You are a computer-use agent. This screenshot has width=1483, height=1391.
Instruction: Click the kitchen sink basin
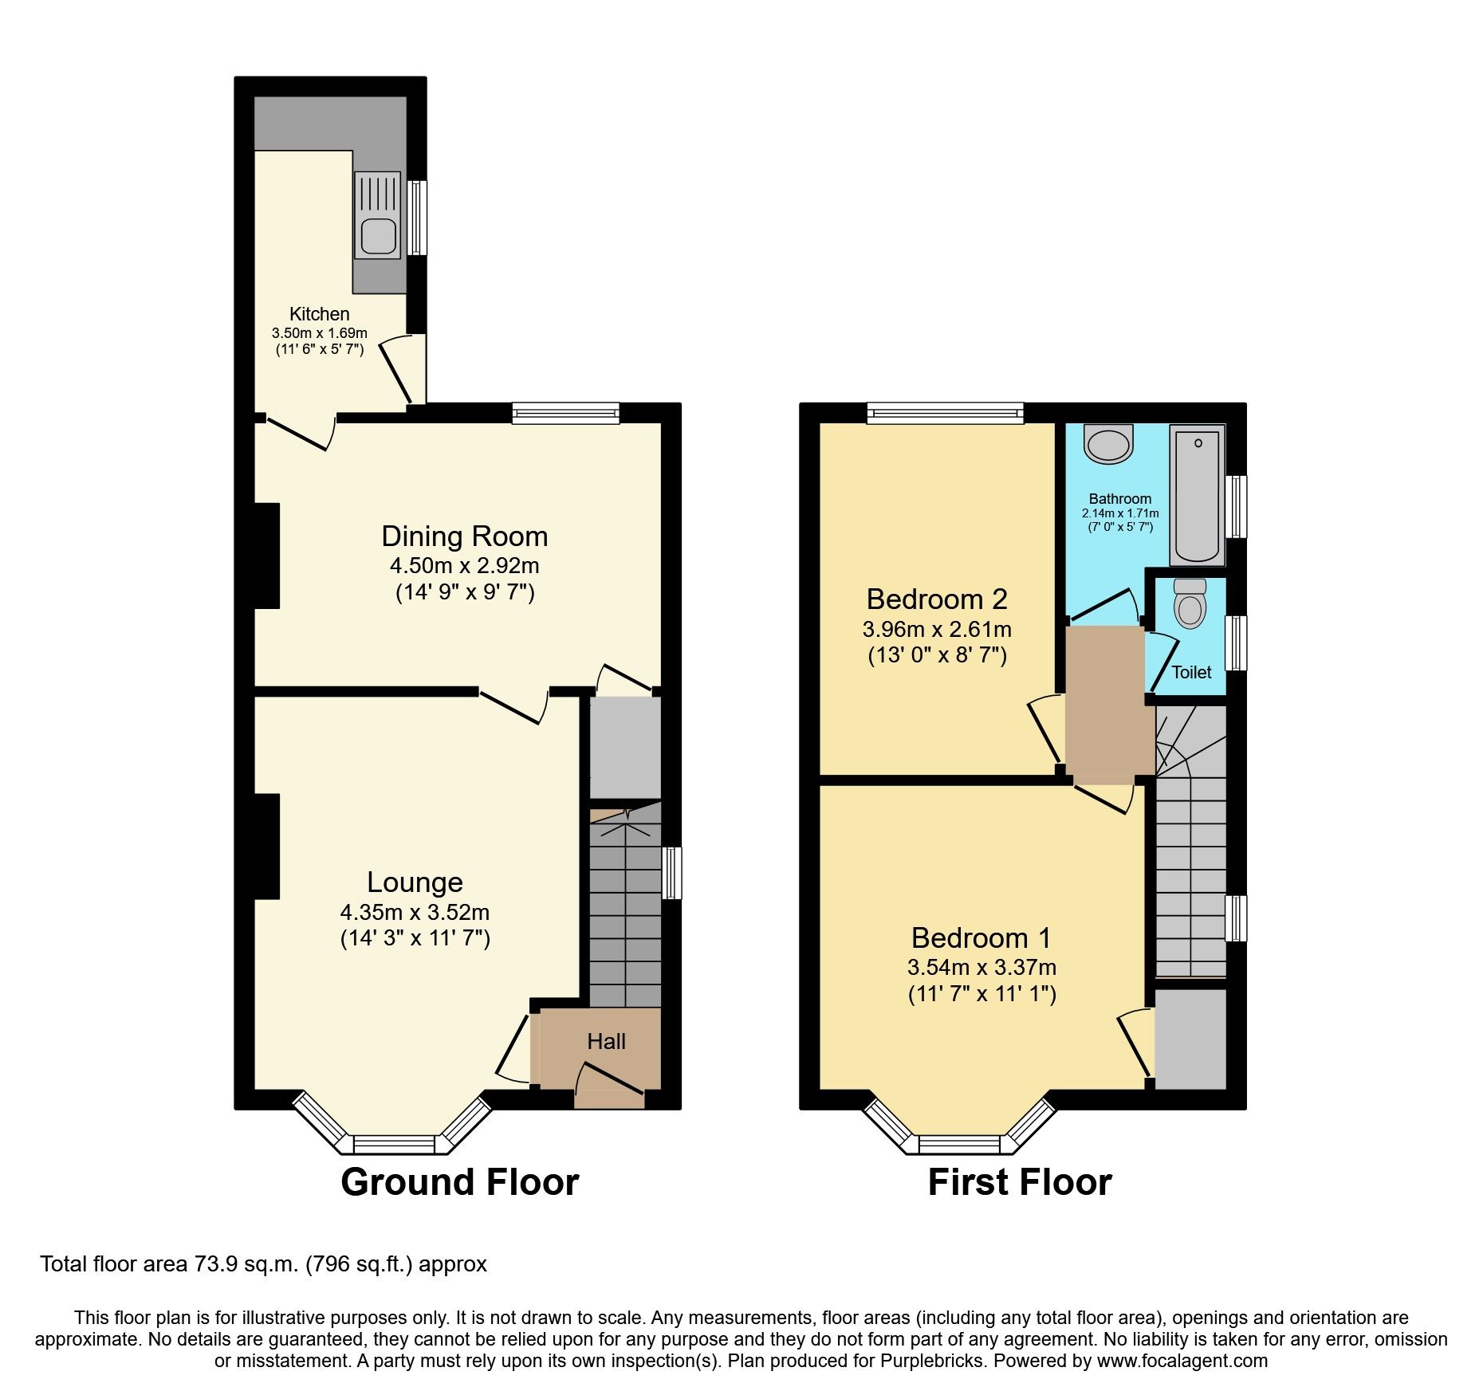(378, 236)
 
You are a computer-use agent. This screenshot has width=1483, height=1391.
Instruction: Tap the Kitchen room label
(319, 314)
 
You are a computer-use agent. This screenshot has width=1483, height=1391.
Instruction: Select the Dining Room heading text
(464, 536)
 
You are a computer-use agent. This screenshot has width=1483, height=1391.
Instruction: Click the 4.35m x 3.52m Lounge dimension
(415, 912)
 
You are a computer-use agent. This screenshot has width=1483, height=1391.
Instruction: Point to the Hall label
(606, 1042)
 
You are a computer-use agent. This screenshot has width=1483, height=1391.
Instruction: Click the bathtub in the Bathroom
(1197, 495)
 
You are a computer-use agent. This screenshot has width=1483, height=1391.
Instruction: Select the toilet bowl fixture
(1190, 606)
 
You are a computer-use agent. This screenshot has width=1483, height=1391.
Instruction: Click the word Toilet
(1191, 672)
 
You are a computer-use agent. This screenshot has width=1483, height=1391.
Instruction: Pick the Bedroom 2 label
(937, 599)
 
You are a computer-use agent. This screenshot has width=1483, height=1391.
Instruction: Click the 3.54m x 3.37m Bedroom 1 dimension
(981, 968)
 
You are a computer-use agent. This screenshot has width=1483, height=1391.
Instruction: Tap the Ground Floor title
(460, 1182)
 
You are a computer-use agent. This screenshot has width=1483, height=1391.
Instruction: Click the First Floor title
(1020, 1182)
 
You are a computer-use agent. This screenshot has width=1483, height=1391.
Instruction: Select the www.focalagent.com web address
(1182, 1361)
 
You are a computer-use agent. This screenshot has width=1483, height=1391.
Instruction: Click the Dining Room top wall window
(565, 413)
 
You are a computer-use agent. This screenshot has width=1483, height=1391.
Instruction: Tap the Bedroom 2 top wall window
(945, 413)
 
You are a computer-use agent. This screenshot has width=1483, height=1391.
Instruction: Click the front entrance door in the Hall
(609, 1081)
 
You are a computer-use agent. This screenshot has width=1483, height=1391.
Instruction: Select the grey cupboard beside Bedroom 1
(1190, 1039)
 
